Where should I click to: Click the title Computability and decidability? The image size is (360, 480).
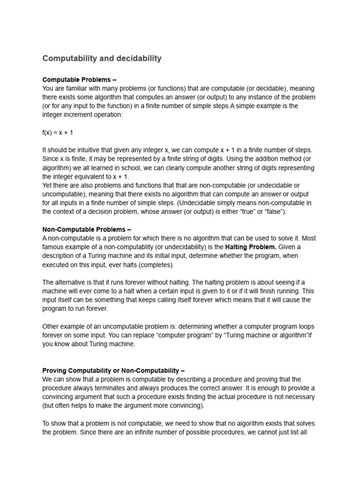pyautogui.click(x=102, y=59)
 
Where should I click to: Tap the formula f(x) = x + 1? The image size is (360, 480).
pyautogui.click(x=58, y=133)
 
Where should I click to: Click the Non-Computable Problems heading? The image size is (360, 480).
pyautogui.click(x=87, y=230)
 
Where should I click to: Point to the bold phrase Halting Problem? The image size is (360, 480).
pyautogui.click(x=251, y=247)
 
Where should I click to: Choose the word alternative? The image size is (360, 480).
pyautogui.click(x=71, y=282)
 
